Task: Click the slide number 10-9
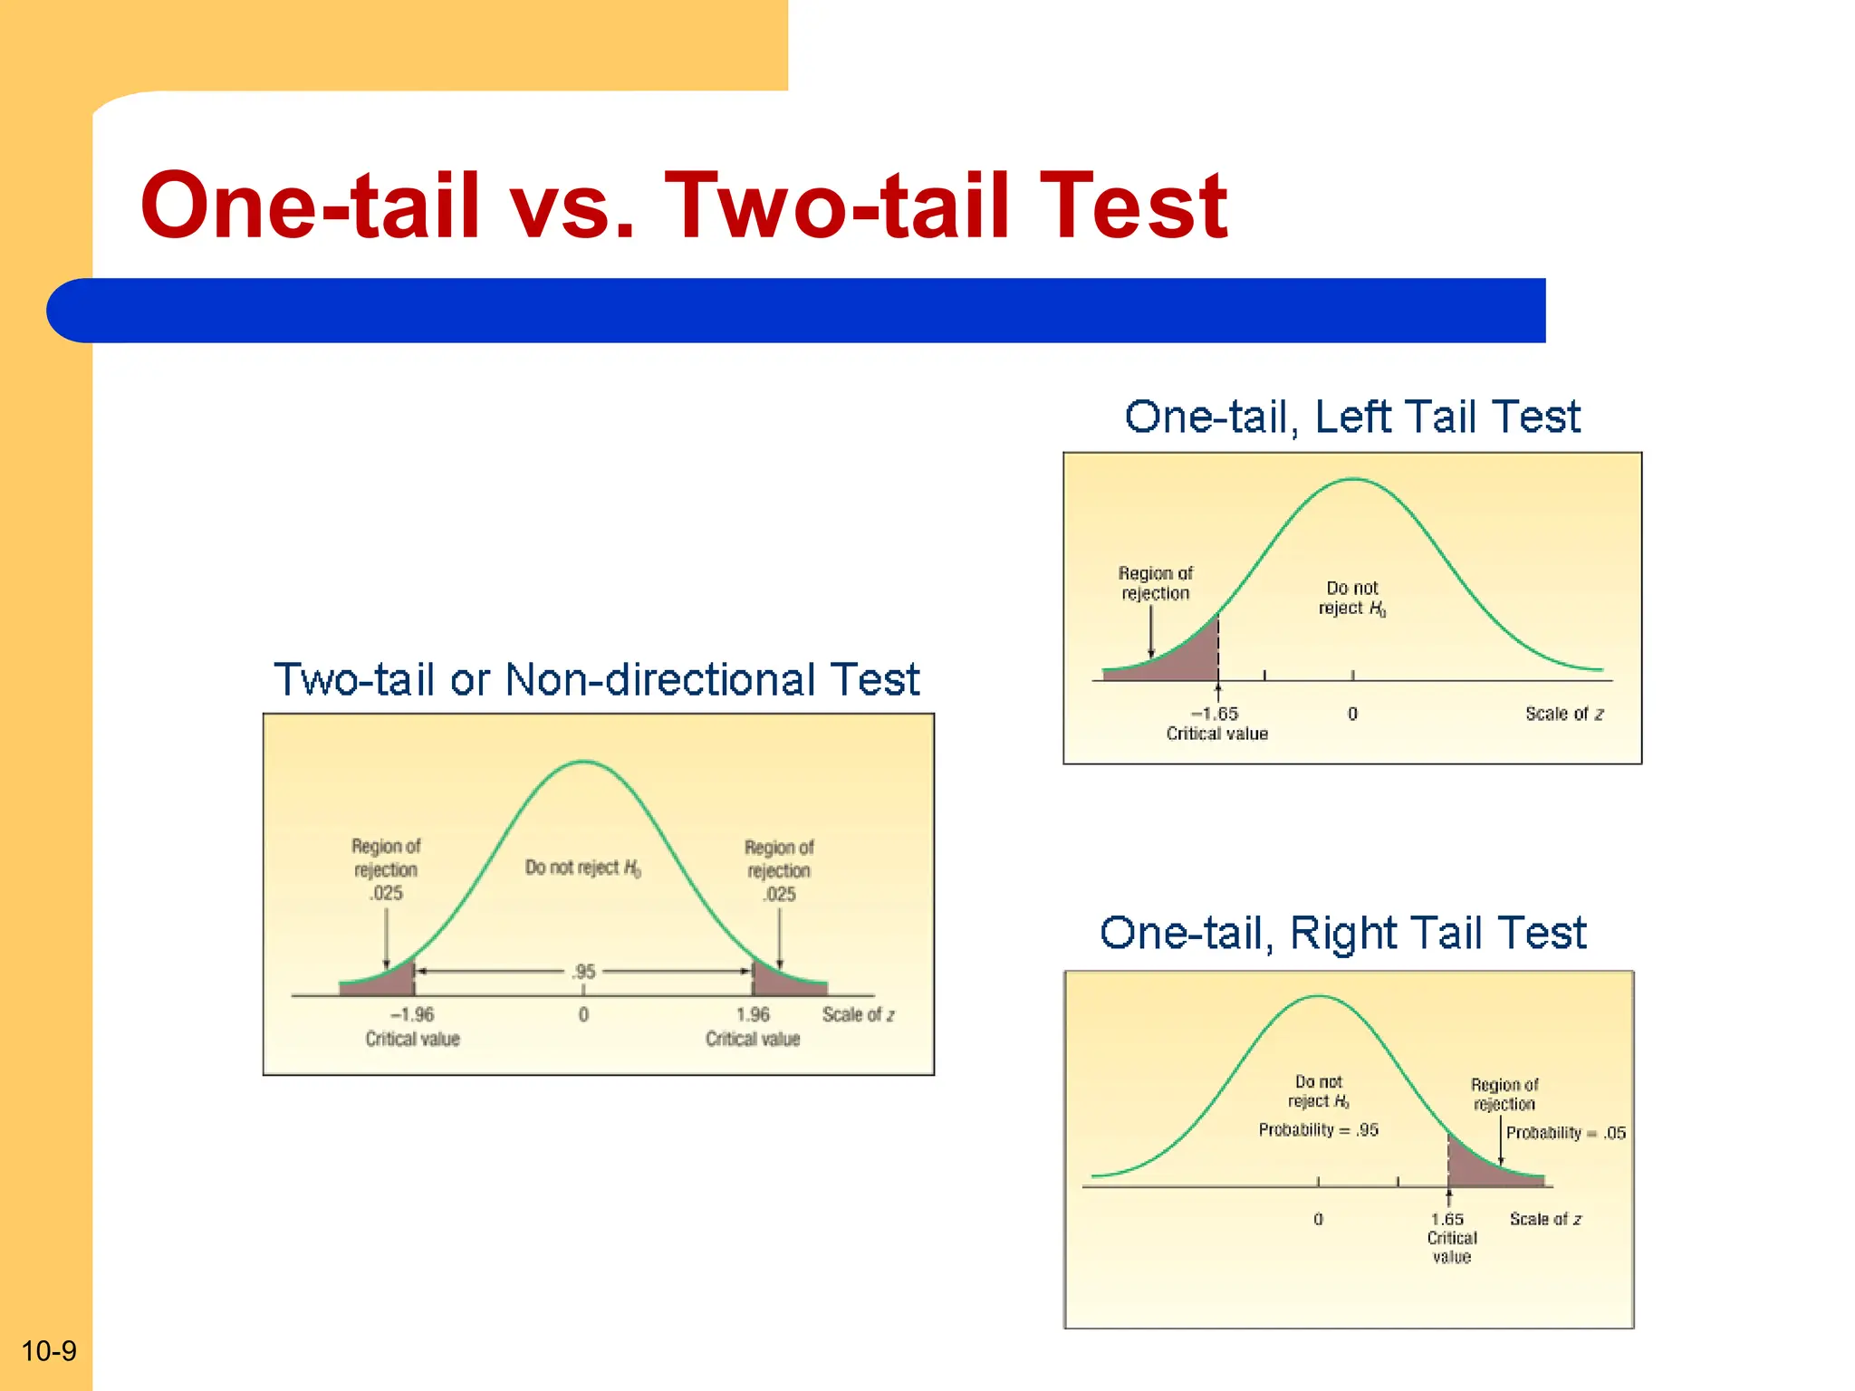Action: pyautogui.click(x=49, y=1351)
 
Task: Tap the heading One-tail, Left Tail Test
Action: pyautogui.click(x=1351, y=417)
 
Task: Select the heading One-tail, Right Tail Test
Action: pyautogui.click(x=1342, y=933)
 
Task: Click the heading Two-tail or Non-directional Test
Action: pyautogui.click(x=596, y=680)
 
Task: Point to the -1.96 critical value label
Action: pyautogui.click(x=412, y=1015)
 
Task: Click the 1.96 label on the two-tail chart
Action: pyautogui.click(x=753, y=1015)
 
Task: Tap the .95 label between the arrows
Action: pyautogui.click(x=584, y=972)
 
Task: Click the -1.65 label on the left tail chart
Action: pyautogui.click(x=1215, y=714)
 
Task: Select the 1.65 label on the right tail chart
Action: pyautogui.click(x=1447, y=1220)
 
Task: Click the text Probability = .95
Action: pyautogui.click(x=1318, y=1130)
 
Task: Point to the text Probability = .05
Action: pyautogui.click(x=1565, y=1133)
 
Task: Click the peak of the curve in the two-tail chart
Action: pyautogui.click(x=584, y=763)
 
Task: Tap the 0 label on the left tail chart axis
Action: pyautogui.click(x=1352, y=715)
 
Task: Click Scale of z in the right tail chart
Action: pyautogui.click(x=1545, y=1220)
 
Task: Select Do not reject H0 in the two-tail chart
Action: pyautogui.click(x=582, y=868)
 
